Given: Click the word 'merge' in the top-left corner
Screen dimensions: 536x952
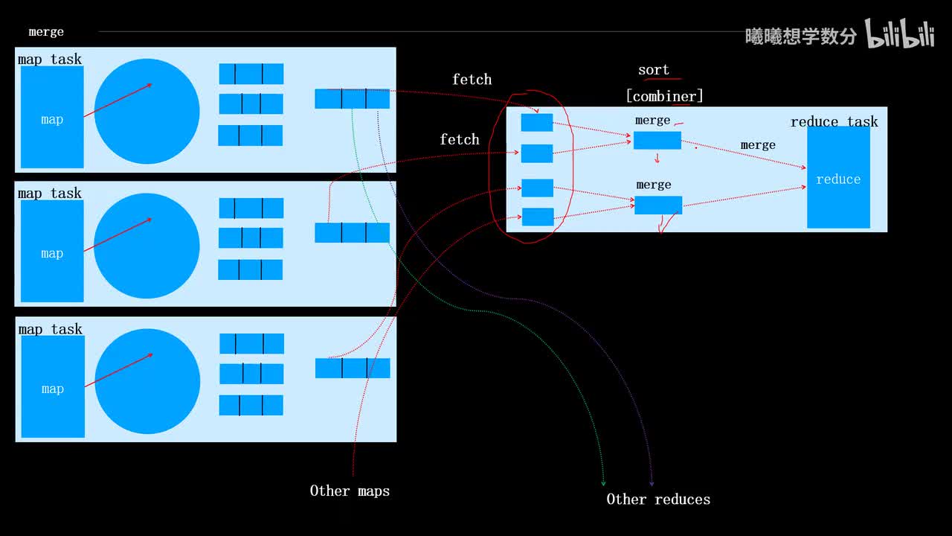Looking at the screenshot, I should click(46, 32).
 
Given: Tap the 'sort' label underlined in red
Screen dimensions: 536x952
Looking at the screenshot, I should click(654, 70).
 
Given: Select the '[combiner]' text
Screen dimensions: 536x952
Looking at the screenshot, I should click(664, 96).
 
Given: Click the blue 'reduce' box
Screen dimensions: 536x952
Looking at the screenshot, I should click(838, 179).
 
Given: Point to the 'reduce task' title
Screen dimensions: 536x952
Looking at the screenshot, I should click(834, 121).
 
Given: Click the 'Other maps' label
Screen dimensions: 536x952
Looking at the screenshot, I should click(350, 491).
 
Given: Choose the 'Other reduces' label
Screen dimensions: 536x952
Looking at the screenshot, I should click(658, 500).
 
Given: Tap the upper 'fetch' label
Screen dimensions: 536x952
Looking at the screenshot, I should click(472, 79).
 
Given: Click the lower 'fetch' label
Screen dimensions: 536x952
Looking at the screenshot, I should click(460, 139).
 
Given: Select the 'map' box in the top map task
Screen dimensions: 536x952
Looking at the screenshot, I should click(52, 117).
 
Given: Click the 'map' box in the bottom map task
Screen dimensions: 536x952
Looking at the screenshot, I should click(53, 386).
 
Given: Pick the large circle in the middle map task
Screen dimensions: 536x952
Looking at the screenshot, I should click(147, 246).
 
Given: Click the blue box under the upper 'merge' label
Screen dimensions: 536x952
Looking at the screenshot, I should click(657, 140).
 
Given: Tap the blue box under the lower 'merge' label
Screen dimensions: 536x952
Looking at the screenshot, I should click(657, 205).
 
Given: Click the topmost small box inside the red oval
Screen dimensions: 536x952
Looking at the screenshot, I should click(537, 123).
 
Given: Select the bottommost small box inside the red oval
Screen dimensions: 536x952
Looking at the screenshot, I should click(537, 217).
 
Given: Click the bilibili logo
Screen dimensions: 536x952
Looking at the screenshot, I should click(899, 34).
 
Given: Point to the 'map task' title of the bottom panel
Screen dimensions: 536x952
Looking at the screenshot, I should click(50, 329).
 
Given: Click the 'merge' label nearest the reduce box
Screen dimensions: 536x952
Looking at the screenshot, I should click(758, 145).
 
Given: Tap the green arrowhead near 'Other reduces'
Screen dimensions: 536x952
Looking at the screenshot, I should click(603, 483).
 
